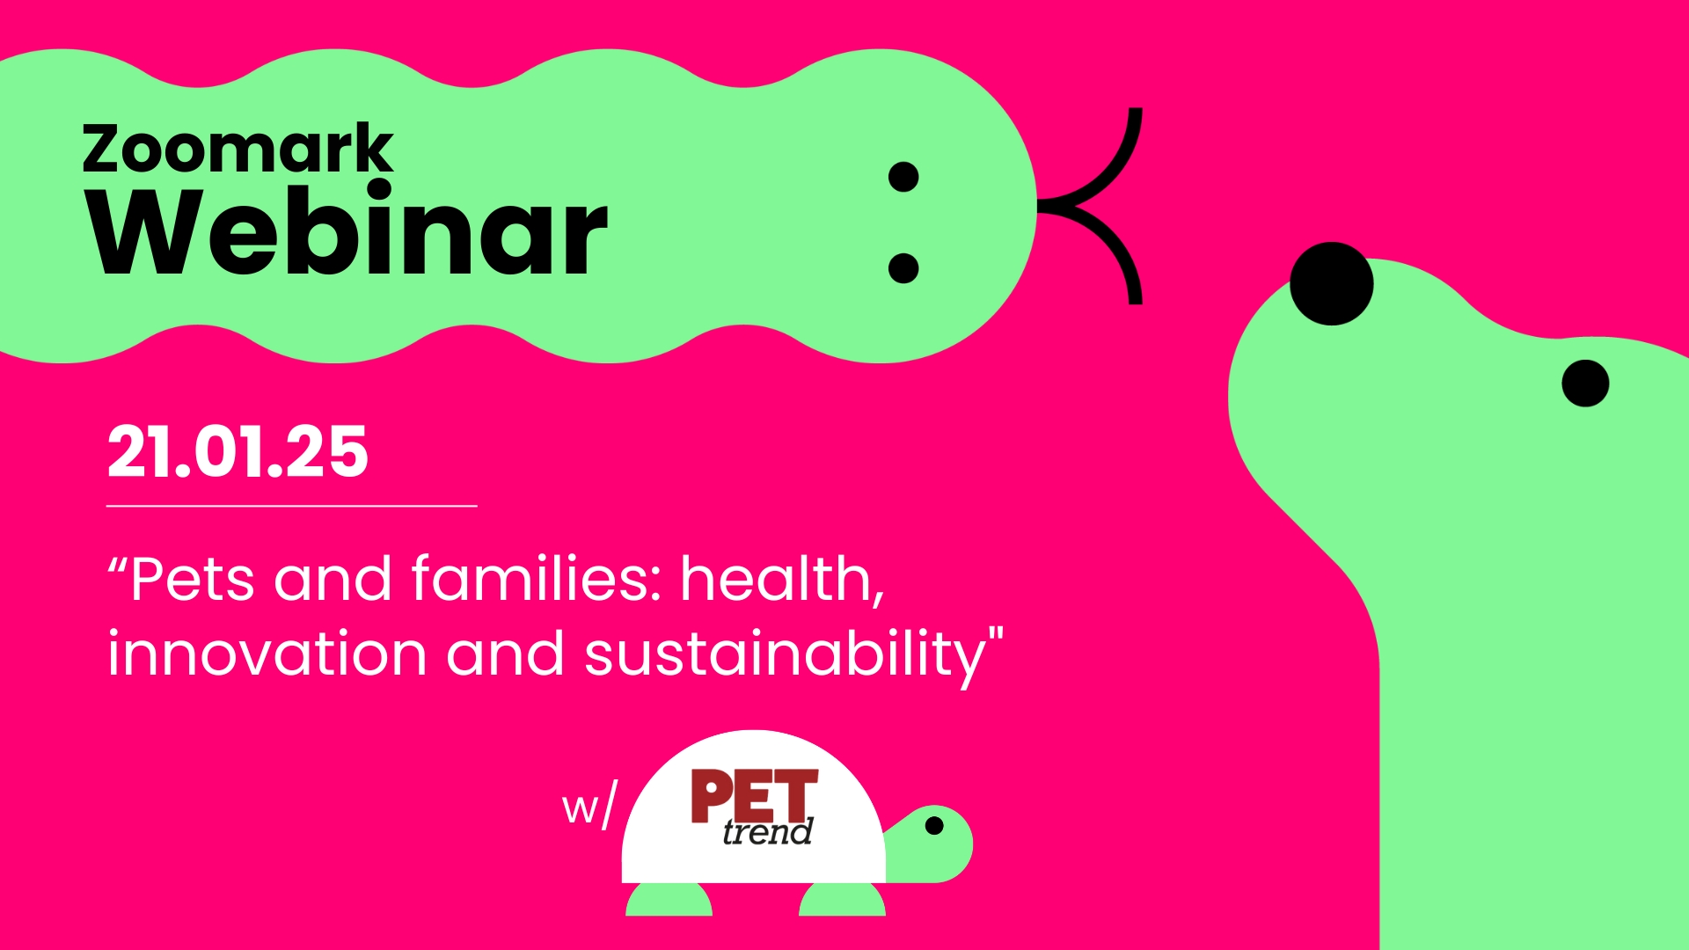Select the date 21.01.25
pos(238,452)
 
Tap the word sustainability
pos(785,656)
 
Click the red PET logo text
pos(754,796)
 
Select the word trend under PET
pos(767,831)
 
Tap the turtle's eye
pos(934,825)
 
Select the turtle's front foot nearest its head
pos(842,899)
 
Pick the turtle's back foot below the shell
pos(669,899)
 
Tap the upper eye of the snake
pos(903,177)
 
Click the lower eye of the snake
pos(903,267)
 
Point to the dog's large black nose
pos(1331,283)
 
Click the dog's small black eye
pos(1585,383)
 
